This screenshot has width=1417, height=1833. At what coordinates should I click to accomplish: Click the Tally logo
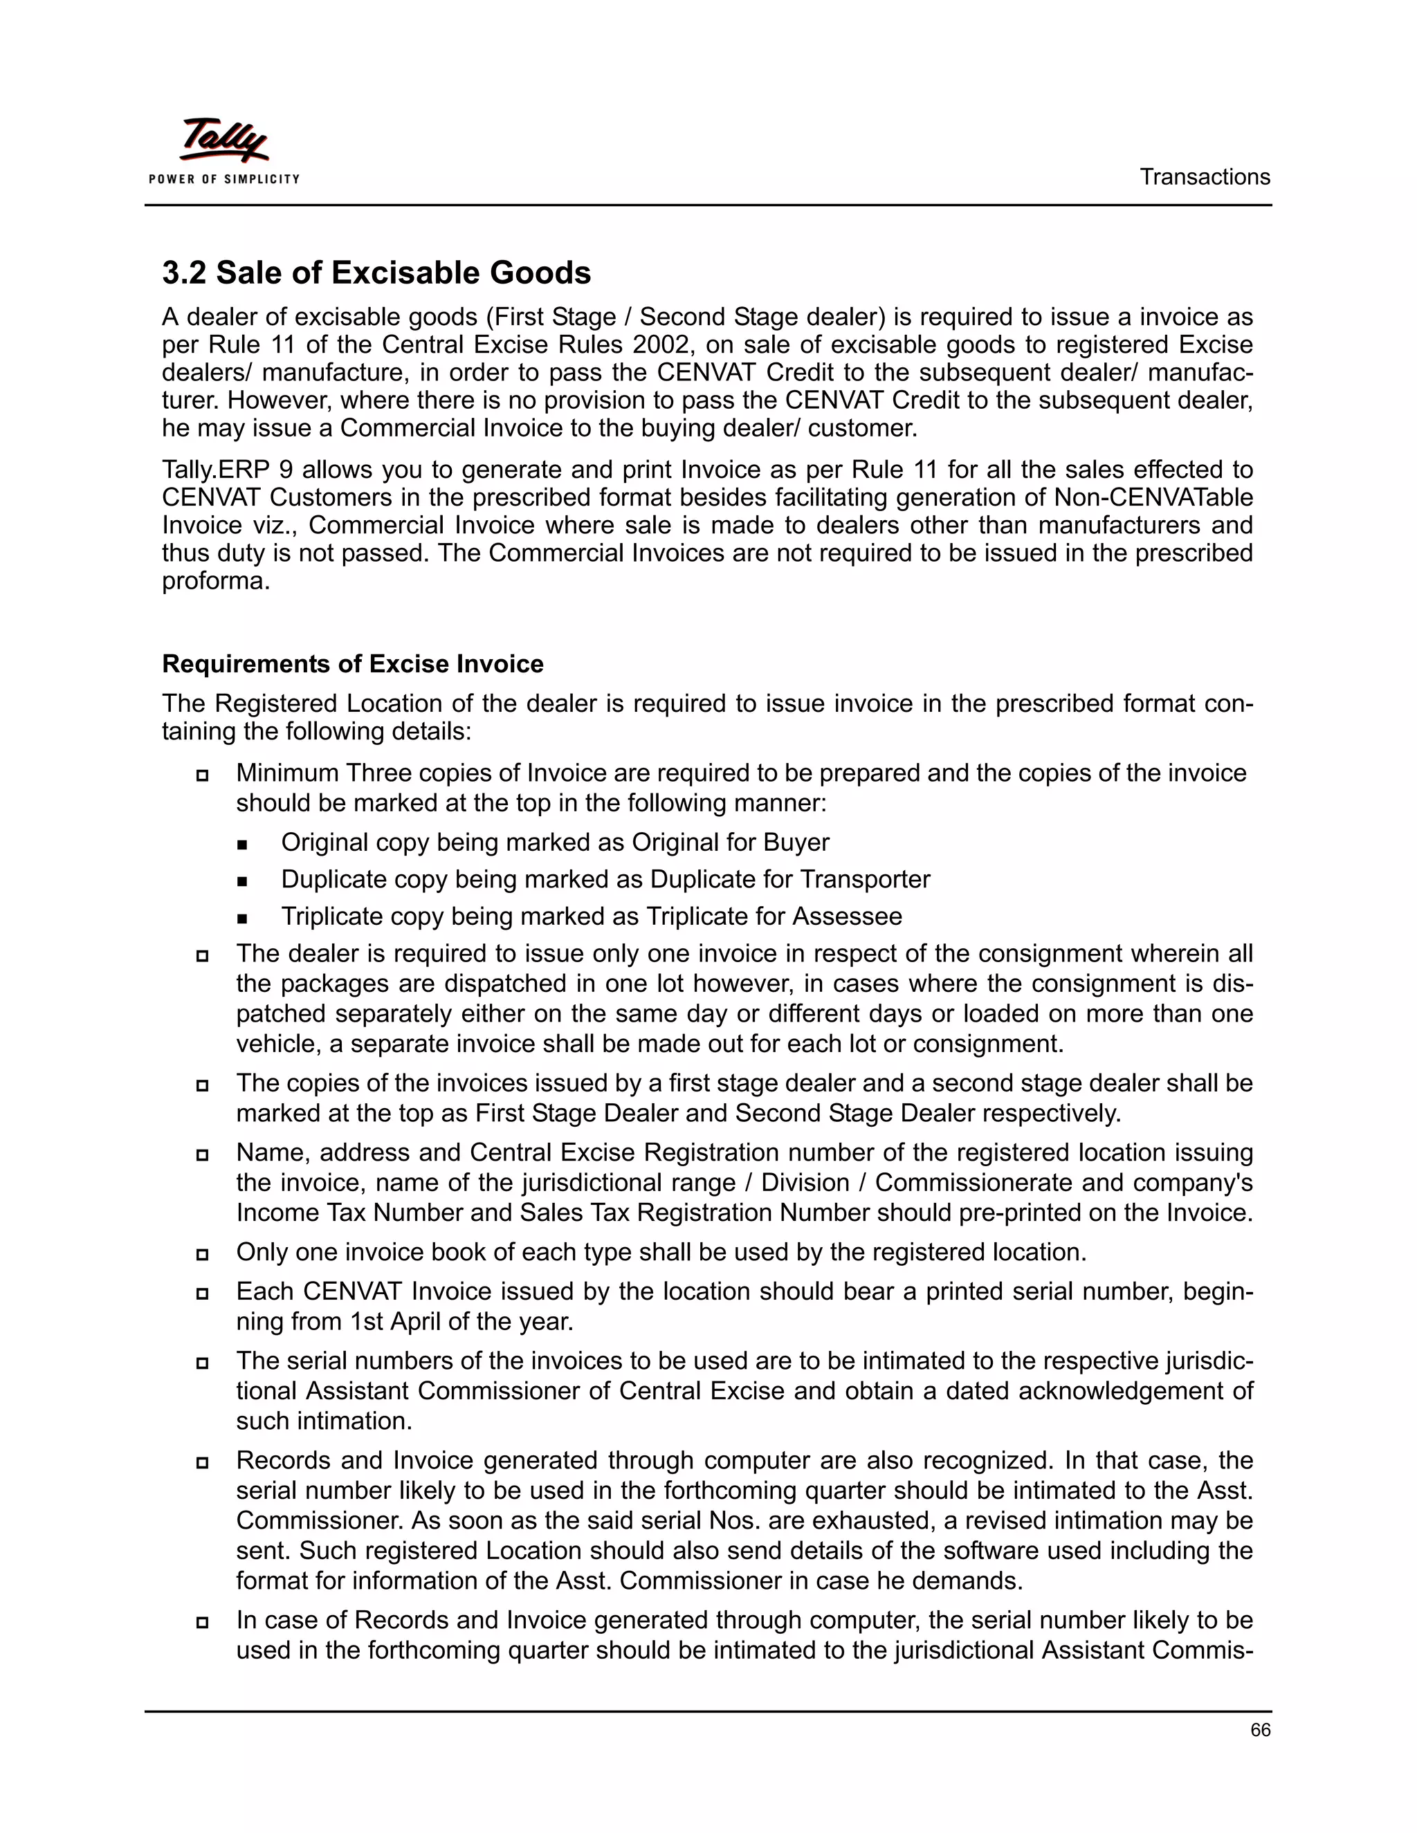(223, 141)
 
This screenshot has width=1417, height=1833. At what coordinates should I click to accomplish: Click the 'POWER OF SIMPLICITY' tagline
(224, 178)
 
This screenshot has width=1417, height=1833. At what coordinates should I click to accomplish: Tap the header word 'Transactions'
(1205, 177)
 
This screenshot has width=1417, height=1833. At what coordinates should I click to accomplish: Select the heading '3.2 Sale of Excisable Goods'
(376, 273)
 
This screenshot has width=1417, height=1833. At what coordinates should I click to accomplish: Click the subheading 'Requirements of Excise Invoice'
(353, 664)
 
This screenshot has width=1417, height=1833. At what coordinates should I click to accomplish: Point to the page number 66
(1260, 1730)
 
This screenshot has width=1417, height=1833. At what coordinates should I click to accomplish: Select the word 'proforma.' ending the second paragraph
(216, 581)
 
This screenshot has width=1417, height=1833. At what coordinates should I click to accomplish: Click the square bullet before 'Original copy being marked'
(243, 843)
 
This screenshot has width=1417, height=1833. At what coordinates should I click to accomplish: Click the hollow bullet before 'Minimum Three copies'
(202, 775)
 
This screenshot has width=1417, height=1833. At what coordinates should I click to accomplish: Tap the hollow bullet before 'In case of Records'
(202, 1622)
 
